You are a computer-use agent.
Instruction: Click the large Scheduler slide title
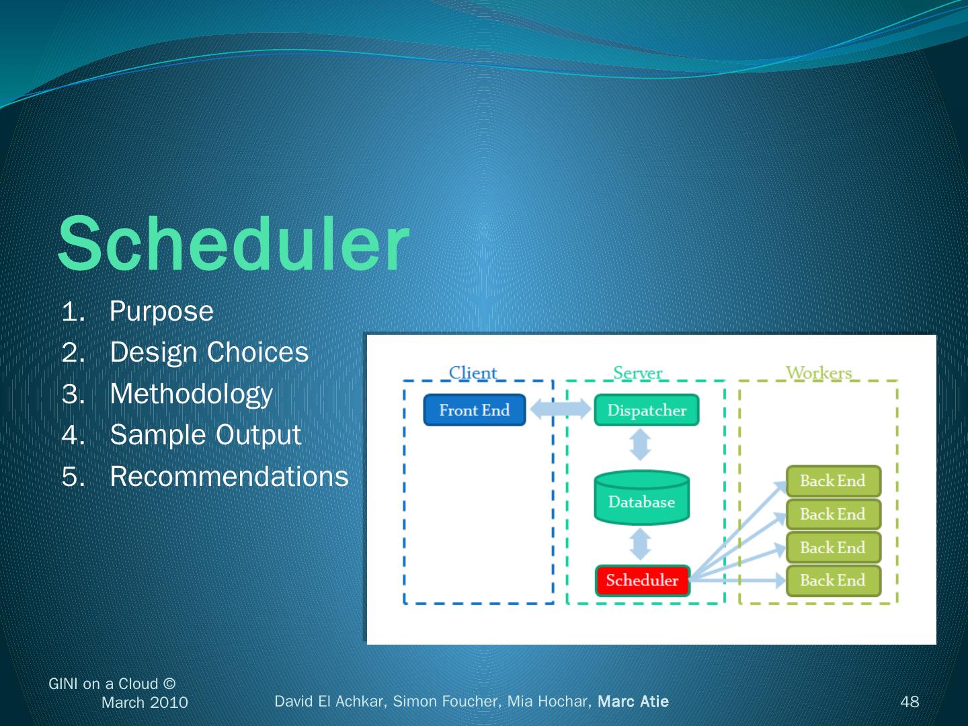point(233,243)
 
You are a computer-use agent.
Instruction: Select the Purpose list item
point(161,311)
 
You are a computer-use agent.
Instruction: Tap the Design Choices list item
point(208,352)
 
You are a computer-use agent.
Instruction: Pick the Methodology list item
point(191,394)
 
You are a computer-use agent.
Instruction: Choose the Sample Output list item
point(205,435)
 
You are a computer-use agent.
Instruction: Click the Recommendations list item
point(229,477)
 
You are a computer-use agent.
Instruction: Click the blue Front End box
point(475,410)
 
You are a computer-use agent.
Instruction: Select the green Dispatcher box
point(647,410)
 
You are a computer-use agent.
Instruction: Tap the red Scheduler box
point(643,580)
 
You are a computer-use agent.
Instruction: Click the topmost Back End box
point(833,481)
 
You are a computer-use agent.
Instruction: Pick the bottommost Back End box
point(833,580)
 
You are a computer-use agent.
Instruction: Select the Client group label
point(473,372)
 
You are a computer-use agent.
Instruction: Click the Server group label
point(637,372)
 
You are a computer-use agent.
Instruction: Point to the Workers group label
point(819,372)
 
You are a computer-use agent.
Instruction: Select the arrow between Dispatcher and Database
point(641,445)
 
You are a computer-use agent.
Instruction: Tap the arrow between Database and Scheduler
point(641,544)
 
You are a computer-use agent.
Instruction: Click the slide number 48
point(910,702)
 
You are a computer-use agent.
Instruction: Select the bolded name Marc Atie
point(633,702)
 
